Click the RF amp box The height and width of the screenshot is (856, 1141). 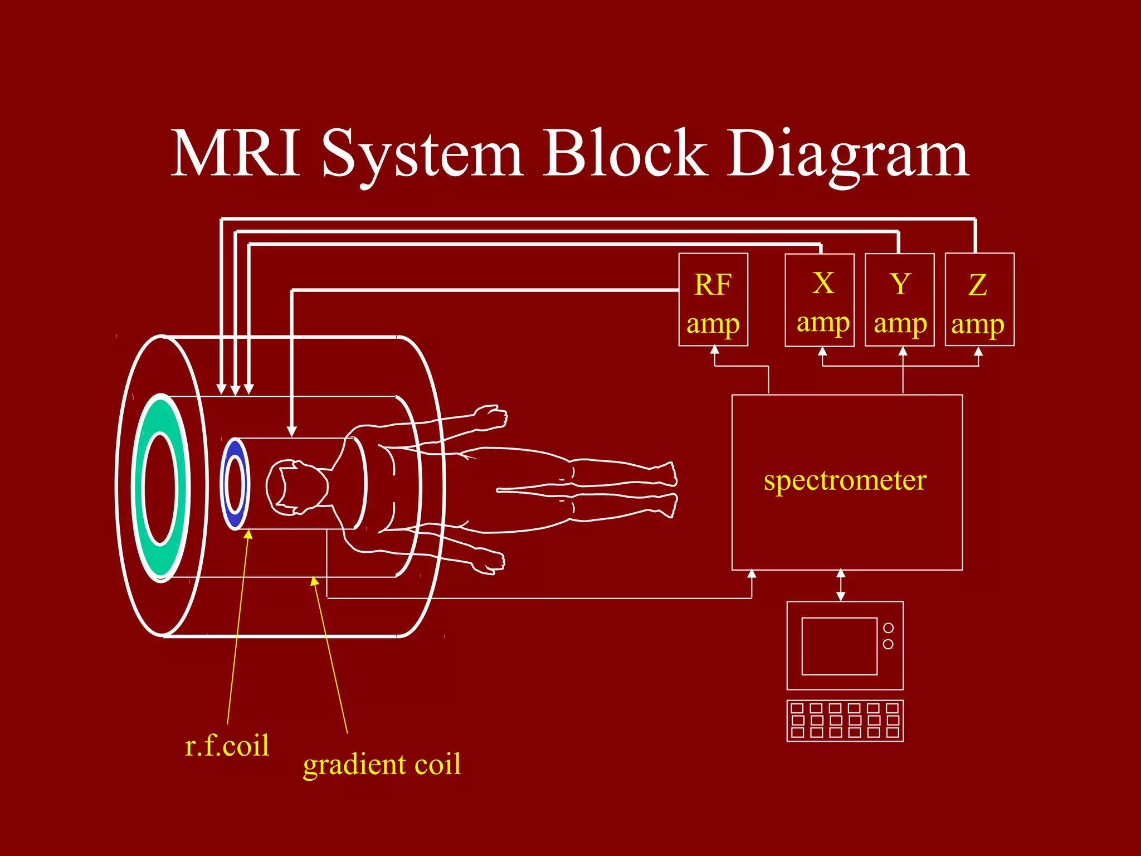coord(713,300)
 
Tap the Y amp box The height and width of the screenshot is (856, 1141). coord(899,300)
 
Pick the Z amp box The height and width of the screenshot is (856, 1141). coord(979,300)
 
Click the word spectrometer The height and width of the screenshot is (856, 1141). coord(845,480)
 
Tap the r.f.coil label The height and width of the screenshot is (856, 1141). coord(227,746)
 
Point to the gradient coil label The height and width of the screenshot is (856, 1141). coord(382,763)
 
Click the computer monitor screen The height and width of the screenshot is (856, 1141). coord(839,646)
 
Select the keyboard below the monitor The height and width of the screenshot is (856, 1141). coord(845,721)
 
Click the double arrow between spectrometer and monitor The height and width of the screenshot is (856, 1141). coord(841,585)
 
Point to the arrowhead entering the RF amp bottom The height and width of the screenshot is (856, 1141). coord(714,351)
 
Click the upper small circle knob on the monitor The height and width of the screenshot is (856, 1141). coord(888,628)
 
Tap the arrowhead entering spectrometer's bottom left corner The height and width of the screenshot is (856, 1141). coord(752,574)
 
